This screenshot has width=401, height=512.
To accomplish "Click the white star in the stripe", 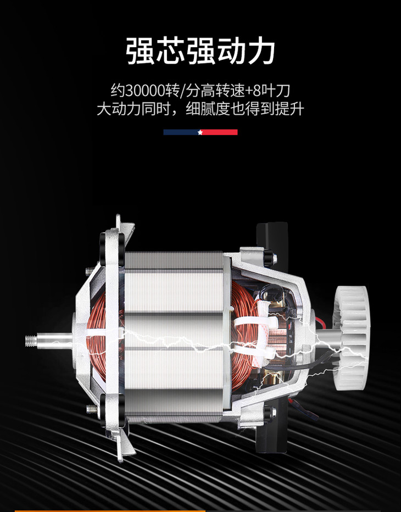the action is [x=200, y=132].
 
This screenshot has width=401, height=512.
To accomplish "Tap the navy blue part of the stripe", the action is [x=181, y=132].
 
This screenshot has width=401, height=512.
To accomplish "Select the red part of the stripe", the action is [x=220, y=132].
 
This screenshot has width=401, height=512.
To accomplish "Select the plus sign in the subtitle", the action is [x=249, y=91].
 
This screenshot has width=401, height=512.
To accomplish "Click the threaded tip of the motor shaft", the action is [x=31, y=341].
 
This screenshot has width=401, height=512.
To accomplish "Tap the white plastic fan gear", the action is [x=350, y=338].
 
